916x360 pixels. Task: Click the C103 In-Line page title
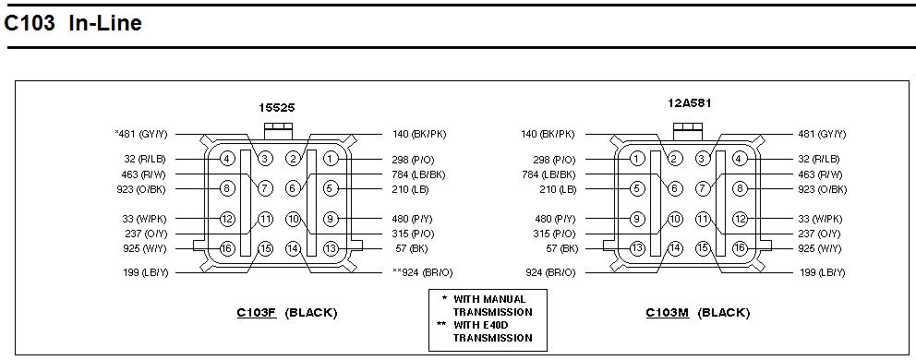73,23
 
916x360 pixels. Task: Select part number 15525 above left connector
277,107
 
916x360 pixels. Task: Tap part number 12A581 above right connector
690,103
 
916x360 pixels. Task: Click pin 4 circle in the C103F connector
228,159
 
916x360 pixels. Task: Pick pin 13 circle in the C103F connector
331,248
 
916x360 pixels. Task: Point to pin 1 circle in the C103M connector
637,159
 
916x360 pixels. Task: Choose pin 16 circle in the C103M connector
741,248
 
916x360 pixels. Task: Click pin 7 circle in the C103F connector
265,188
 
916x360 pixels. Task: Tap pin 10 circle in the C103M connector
675,219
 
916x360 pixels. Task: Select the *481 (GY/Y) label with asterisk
140,135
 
